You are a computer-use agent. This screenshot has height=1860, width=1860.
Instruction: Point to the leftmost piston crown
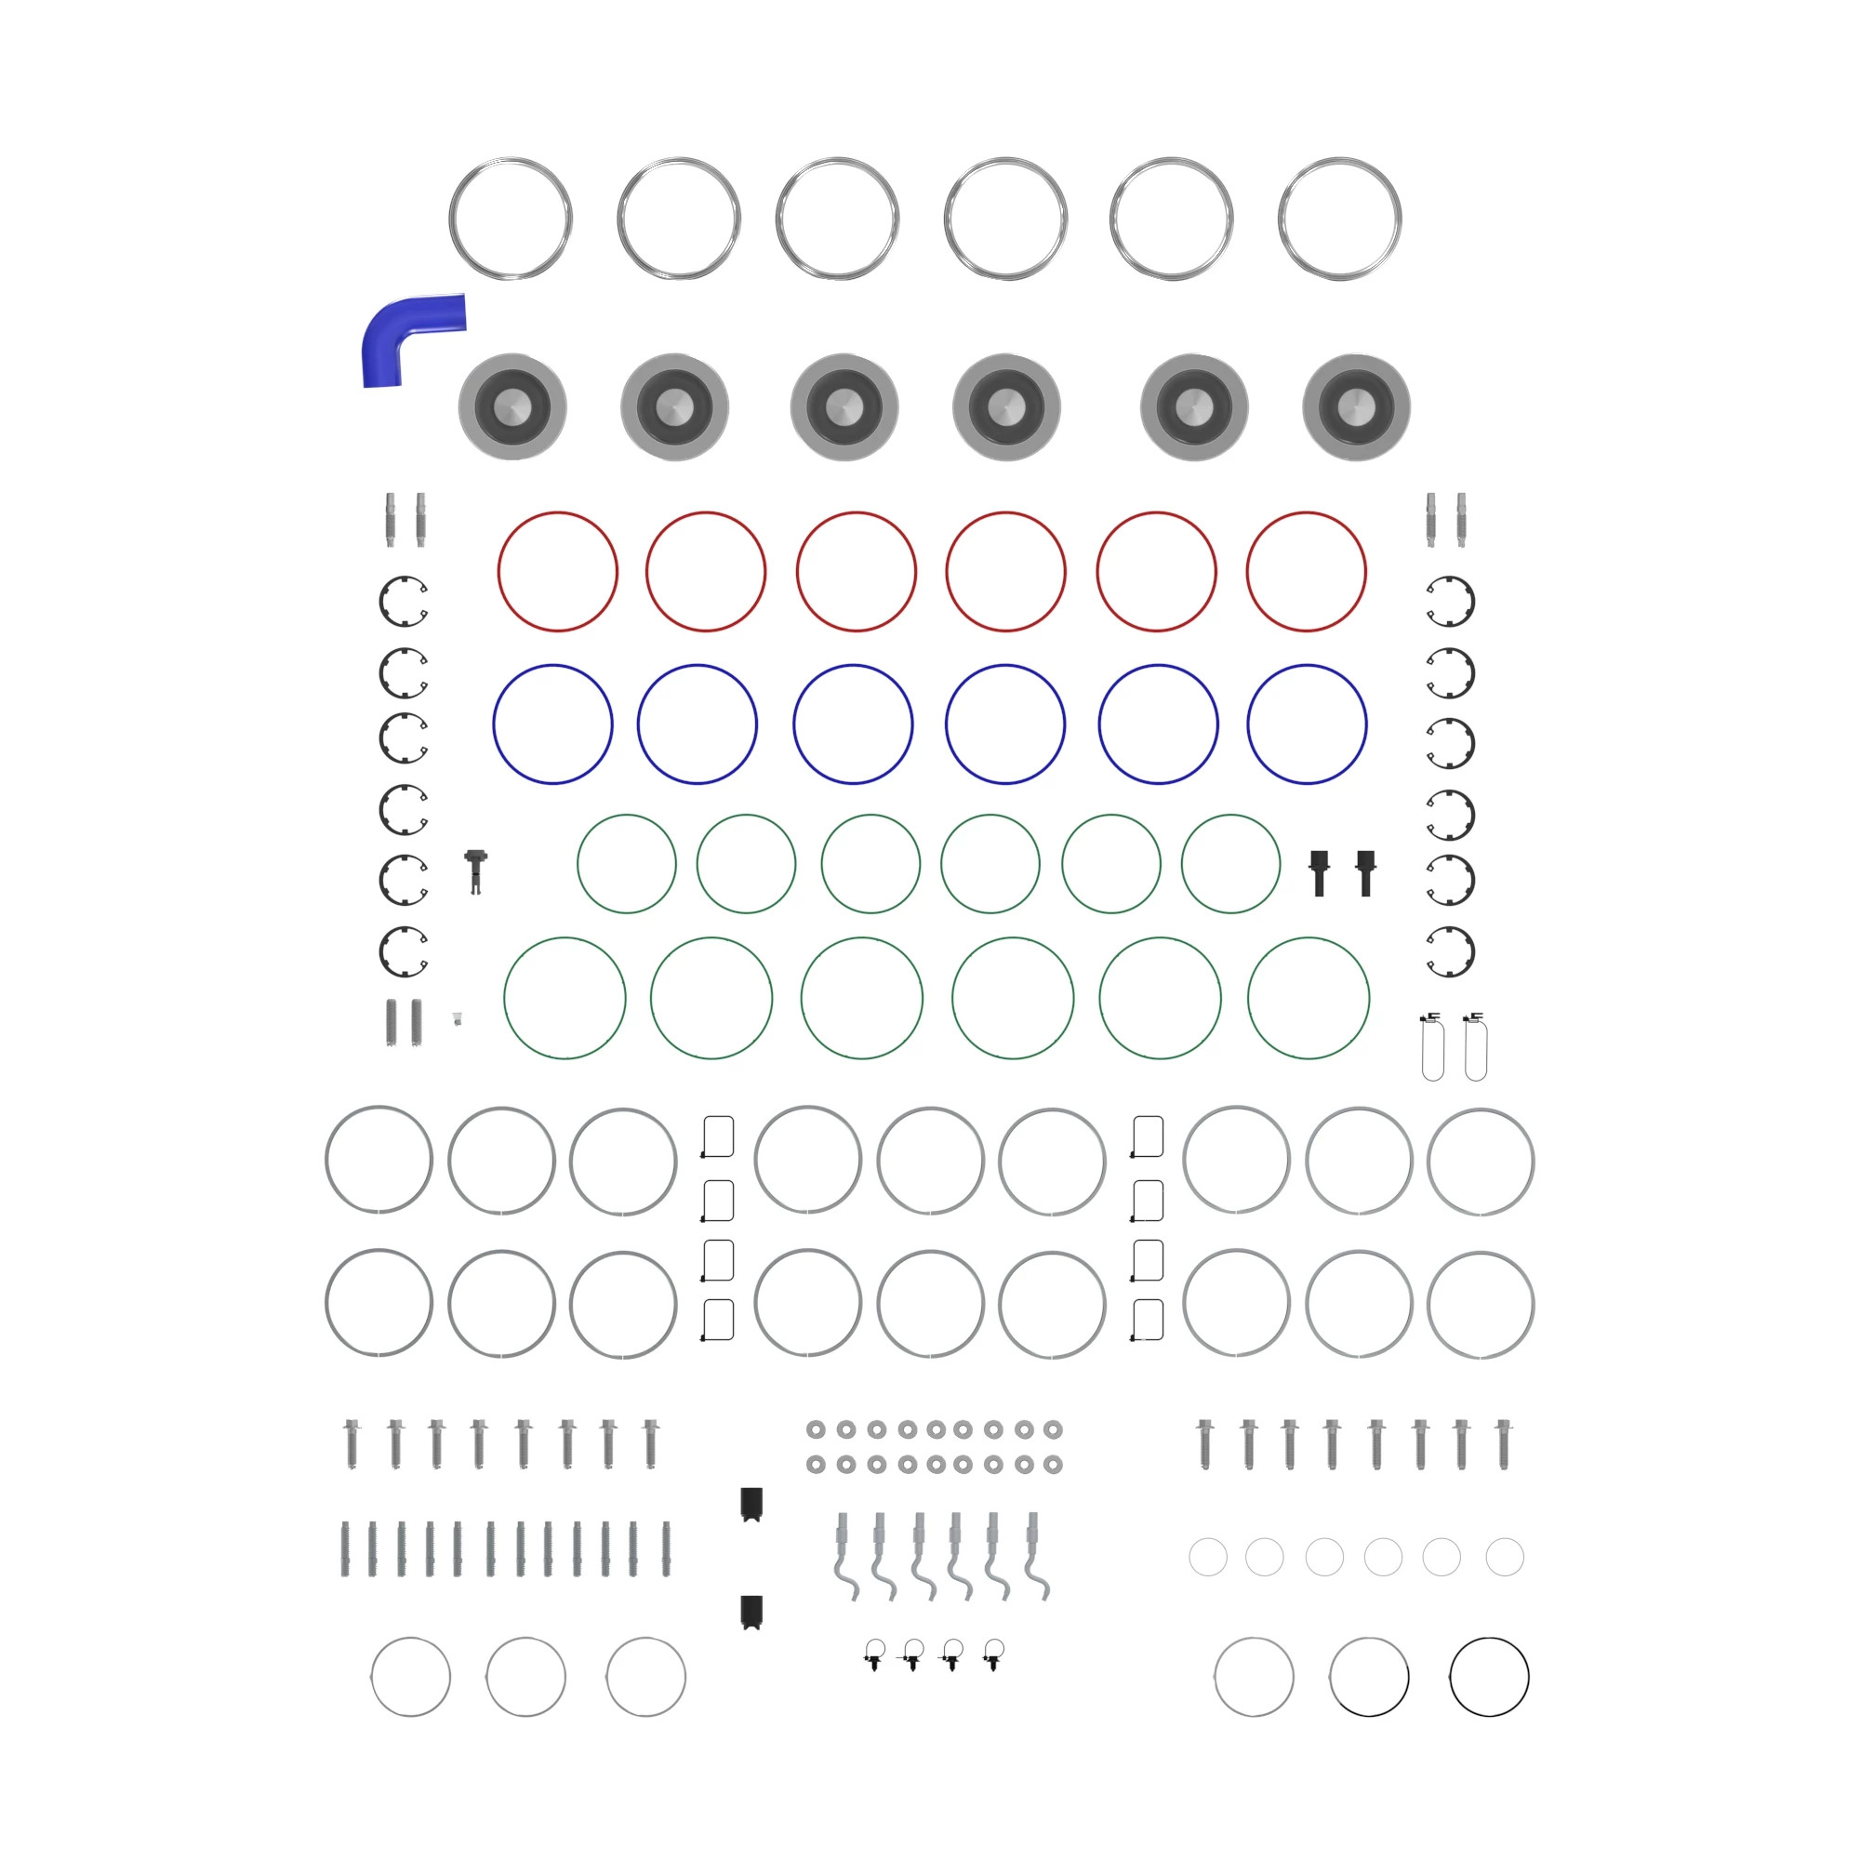[512, 406]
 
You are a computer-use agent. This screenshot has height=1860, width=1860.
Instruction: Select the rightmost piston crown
[1356, 406]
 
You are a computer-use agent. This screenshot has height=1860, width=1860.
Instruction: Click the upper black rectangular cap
[751, 1504]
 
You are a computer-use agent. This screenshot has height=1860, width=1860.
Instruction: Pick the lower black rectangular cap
[751, 1612]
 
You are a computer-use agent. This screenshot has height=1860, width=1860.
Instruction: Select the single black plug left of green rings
[475, 868]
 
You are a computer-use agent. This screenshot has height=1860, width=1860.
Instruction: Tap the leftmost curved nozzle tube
[845, 1556]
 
